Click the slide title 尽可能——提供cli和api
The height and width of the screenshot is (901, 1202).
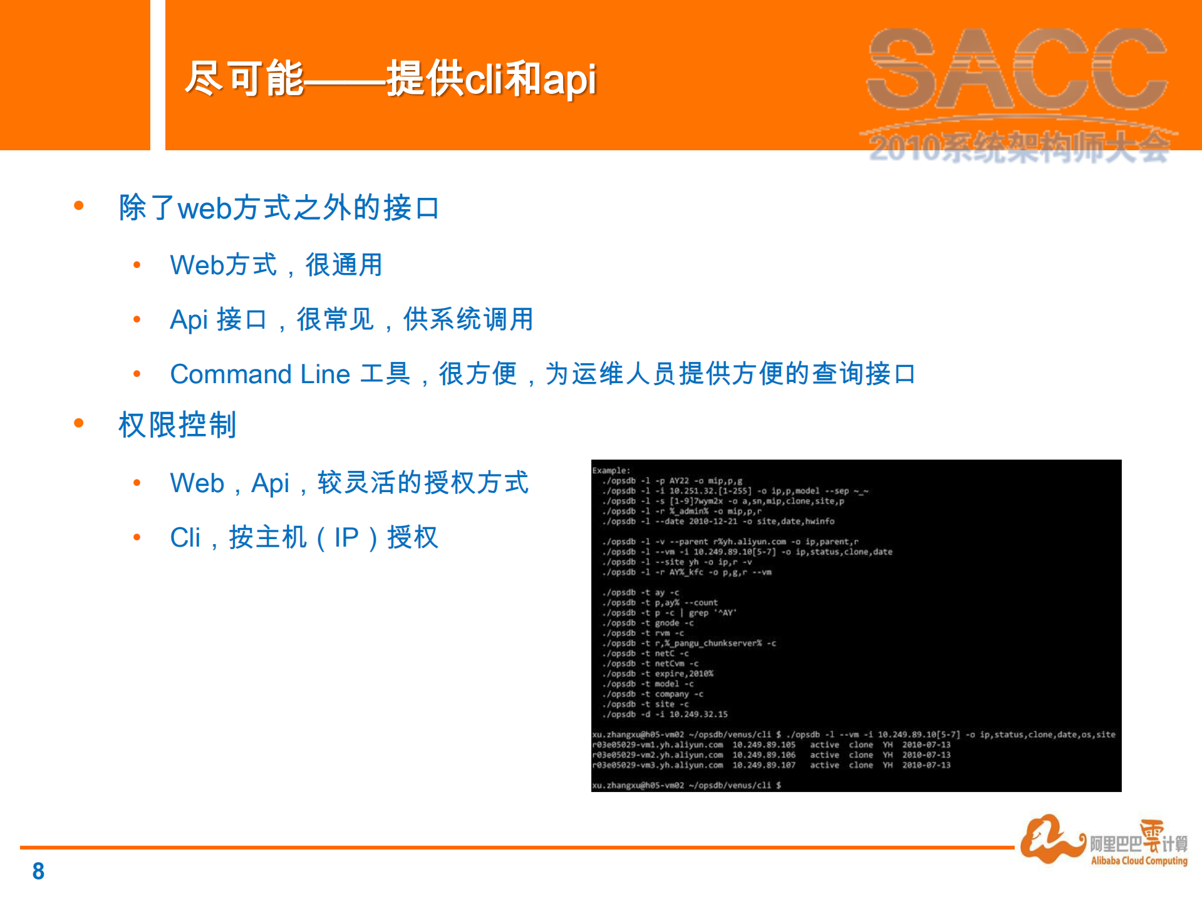tap(390, 79)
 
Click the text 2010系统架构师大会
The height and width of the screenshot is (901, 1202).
tap(1018, 148)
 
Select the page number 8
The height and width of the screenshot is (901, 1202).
tap(38, 871)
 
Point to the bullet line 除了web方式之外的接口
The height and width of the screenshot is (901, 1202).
tap(279, 207)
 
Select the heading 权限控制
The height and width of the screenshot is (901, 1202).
tap(177, 425)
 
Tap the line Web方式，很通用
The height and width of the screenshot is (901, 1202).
tap(276, 265)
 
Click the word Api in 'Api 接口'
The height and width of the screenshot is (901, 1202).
tap(189, 319)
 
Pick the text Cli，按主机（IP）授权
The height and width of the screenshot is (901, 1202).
tap(304, 537)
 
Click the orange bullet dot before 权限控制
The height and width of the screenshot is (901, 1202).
tap(79, 423)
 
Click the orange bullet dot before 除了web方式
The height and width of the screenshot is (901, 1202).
tap(79, 205)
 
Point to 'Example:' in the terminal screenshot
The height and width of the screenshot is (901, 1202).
tap(611, 470)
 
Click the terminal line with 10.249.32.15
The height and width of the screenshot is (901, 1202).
tap(665, 714)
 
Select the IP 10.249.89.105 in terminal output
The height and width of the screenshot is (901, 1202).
tap(764, 745)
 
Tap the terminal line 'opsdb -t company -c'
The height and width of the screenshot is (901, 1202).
tap(653, 694)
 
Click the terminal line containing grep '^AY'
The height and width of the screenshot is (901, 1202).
tap(669, 613)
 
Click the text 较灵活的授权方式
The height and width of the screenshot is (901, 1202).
tap(423, 483)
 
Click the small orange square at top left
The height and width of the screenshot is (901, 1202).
tap(75, 75)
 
